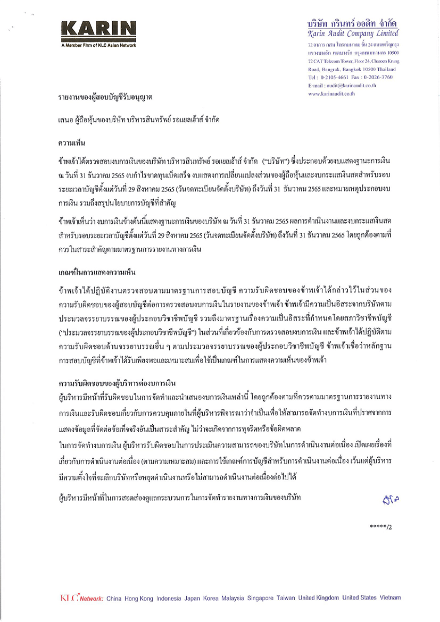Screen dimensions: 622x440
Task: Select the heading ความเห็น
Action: tap(73, 143)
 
